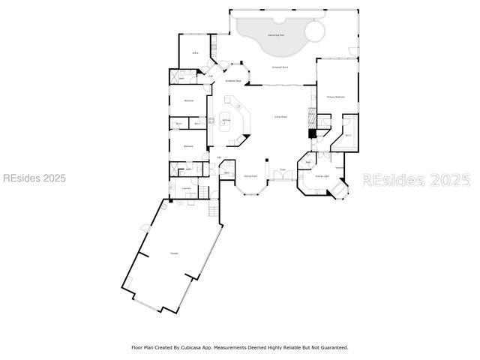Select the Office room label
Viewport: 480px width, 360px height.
(x=195, y=53)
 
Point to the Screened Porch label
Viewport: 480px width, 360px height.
(x=280, y=67)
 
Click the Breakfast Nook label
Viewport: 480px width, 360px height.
(x=233, y=81)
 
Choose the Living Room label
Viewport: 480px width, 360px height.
(x=281, y=117)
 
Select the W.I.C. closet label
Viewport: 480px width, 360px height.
(x=348, y=135)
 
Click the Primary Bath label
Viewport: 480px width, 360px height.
(x=322, y=176)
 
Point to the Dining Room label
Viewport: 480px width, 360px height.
(x=250, y=176)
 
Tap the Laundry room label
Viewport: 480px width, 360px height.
(x=185, y=188)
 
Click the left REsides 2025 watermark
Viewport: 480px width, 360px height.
(x=34, y=178)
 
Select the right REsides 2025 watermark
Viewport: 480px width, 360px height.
(x=416, y=180)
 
